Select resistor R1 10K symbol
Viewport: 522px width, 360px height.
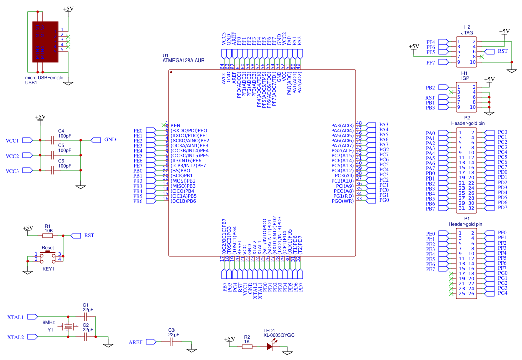[48, 235]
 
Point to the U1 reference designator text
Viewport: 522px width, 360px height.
[166, 55]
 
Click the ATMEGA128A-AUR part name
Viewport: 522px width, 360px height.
[184, 61]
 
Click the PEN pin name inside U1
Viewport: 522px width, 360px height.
[175, 125]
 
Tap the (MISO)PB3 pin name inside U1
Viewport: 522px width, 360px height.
[183, 186]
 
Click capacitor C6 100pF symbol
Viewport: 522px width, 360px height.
[54, 171]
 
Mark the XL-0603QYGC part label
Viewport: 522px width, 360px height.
[278, 335]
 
